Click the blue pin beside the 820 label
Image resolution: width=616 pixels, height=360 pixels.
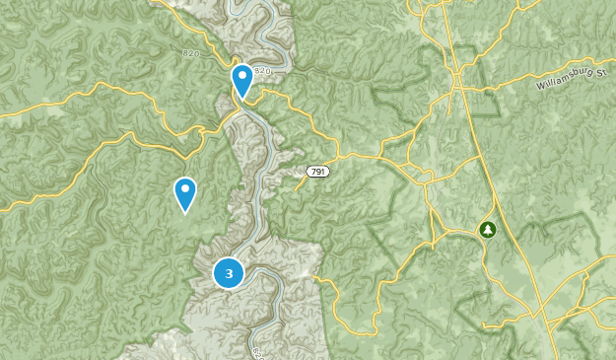pyautogui.click(x=241, y=80)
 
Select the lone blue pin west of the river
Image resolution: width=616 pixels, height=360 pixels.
pyautogui.click(x=184, y=193)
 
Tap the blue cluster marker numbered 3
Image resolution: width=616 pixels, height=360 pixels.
pyautogui.click(x=229, y=273)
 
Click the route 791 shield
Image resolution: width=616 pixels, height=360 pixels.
pyautogui.click(x=316, y=172)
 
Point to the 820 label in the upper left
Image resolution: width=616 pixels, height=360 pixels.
pyautogui.click(x=192, y=51)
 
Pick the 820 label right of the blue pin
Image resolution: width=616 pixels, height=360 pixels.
pyautogui.click(x=262, y=72)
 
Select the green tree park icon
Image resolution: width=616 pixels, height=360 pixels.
pyautogui.click(x=487, y=230)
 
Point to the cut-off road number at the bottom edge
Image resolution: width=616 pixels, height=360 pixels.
pyautogui.click(x=256, y=353)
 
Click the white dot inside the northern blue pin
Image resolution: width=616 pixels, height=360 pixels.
pyautogui.click(x=241, y=75)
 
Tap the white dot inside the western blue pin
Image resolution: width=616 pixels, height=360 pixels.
pyautogui.click(x=184, y=188)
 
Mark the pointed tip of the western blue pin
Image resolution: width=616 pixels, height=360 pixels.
pyautogui.click(x=184, y=213)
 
